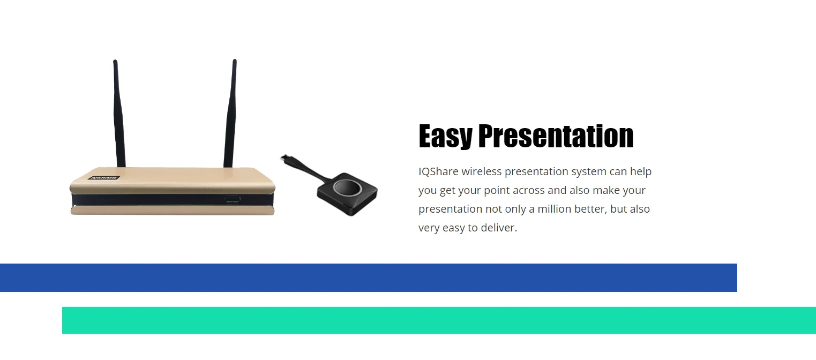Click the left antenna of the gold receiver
119,113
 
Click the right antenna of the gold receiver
230,113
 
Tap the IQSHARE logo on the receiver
104,177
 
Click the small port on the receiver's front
233,199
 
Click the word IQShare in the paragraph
438,171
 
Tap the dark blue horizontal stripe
368,277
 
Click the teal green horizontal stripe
439,320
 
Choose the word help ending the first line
641,171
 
